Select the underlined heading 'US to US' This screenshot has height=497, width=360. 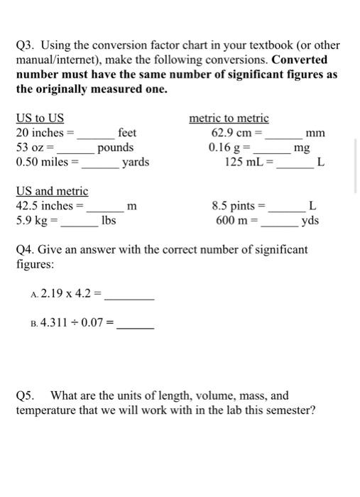tap(40, 119)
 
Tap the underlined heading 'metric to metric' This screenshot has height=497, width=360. tap(229, 119)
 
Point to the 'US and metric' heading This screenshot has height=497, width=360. tap(52, 191)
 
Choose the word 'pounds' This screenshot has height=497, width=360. tap(116, 148)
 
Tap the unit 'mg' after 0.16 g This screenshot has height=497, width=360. tap(301, 148)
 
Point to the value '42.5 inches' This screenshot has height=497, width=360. tap(44, 206)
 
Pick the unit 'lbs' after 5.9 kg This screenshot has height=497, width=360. tap(109, 220)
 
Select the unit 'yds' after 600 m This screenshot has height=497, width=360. tap(310, 220)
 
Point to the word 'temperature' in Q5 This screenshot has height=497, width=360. tap(45, 410)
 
